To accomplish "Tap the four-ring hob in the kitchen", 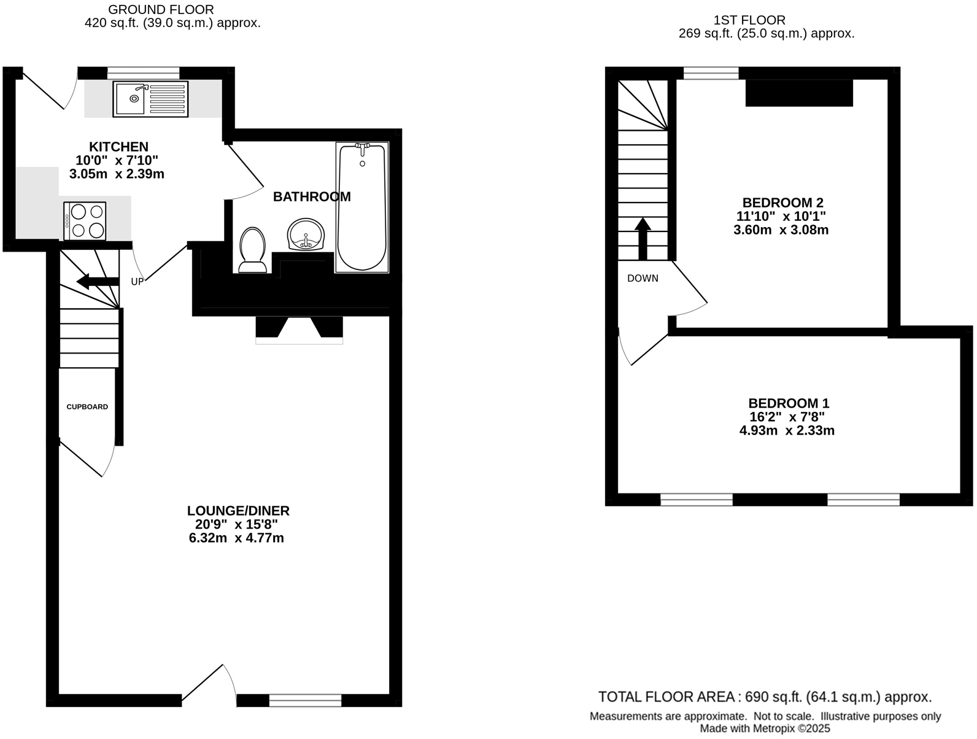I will tap(85, 221).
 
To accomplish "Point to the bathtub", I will tap(362, 207).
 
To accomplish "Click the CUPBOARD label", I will tap(87, 407).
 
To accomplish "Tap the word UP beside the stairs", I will tap(137, 282).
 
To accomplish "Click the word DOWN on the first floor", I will tap(643, 279).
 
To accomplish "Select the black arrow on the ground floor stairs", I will tap(97, 282).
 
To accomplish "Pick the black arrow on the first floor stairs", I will tap(643, 238).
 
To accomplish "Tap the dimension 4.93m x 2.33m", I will tap(787, 431).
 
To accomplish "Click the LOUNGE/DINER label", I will tap(238, 511).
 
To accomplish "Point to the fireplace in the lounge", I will tap(299, 329).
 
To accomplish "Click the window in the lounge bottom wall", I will tap(305, 700).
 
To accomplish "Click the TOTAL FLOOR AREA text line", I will tap(765, 697).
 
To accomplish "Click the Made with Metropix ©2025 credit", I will tap(765, 729).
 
